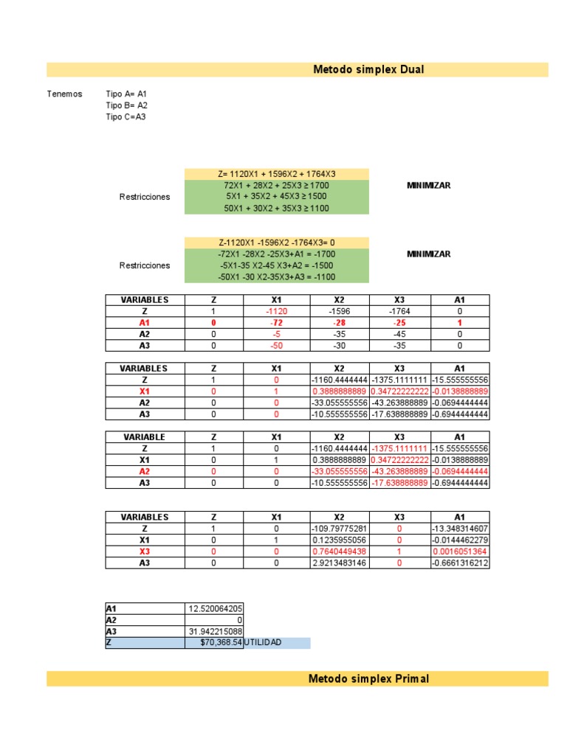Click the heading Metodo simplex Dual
[x=368, y=70]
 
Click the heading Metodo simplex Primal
[x=368, y=679]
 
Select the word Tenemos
[x=64, y=94]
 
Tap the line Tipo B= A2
[x=127, y=105]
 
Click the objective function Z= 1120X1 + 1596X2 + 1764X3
[x=276, y=173]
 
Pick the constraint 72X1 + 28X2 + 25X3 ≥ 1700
[x=276, y=185]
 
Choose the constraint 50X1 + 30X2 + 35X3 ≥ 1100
[x=276, y=209]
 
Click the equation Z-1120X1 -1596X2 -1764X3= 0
[x=276, y=243]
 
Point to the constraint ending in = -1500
[x=276, y=265]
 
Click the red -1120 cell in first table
[x=276, y=311]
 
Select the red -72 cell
[x=276, y=323]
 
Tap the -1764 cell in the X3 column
[x=399, y=311]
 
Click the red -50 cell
[x=276, y=345]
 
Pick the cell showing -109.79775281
[x=339, y=529]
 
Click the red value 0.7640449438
[x=339, y=552]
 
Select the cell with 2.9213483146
[x=339, y=563]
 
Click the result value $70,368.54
[x=221, y=644]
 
